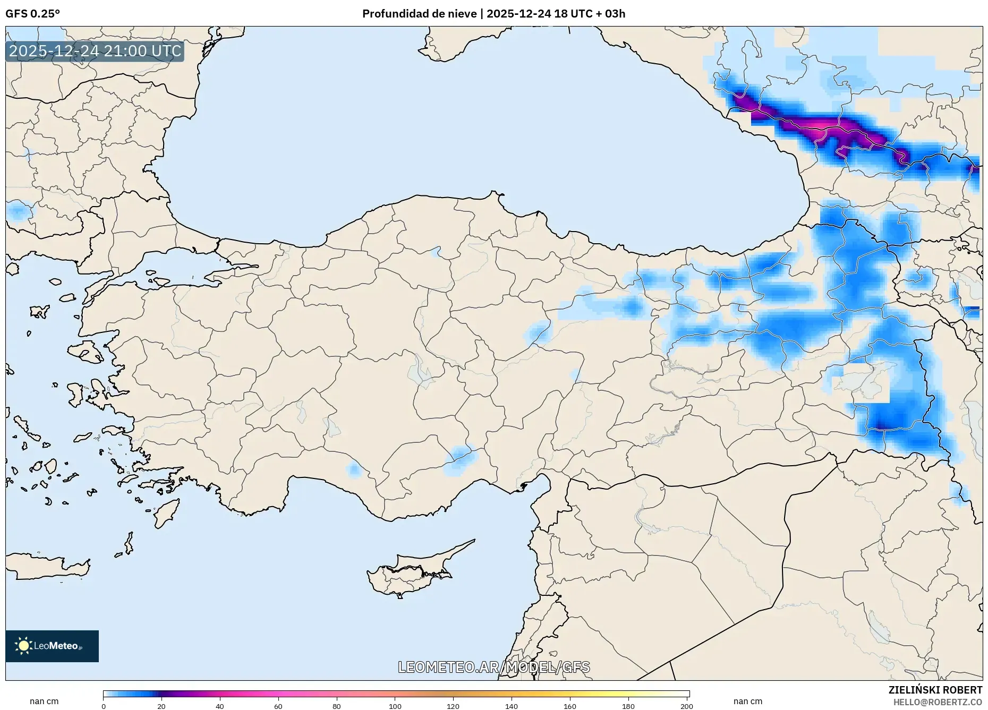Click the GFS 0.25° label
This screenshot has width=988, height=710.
32,14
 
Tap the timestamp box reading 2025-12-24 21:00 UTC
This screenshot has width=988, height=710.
95,51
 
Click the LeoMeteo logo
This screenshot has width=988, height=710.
52,646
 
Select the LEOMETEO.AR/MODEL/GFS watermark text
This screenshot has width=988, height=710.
493,667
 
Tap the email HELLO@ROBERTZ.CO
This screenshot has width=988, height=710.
937,702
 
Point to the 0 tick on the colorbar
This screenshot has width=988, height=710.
104,706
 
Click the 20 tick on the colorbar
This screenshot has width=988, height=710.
161,706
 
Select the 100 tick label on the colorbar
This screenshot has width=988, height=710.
395,706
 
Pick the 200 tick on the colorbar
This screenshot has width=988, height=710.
686,706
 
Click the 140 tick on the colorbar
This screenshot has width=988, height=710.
512,706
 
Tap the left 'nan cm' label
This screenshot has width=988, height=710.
44,702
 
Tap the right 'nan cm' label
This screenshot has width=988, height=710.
747,702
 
